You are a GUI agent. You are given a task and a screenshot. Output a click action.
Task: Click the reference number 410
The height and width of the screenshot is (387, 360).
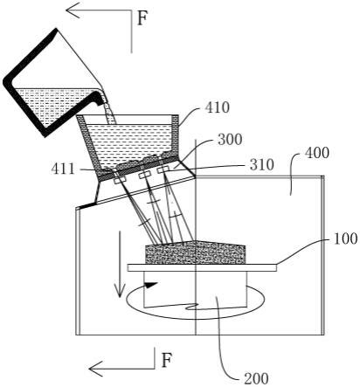[217, 107]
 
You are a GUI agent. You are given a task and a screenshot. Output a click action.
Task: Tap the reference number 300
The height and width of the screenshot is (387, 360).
[230, 140]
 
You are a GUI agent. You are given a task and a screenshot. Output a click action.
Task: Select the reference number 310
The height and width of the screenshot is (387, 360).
[261, 165]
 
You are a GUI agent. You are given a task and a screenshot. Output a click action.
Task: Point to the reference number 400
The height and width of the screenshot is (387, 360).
[317, 153]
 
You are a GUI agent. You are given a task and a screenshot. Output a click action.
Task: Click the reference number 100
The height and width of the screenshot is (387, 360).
[345, 238]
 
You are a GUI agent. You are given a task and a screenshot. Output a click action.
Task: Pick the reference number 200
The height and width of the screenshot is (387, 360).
[256, 379]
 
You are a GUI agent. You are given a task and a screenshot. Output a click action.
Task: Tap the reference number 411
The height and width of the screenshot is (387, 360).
[63, 169]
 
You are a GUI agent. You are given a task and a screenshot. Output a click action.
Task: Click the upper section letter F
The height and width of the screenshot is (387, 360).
[142, 18]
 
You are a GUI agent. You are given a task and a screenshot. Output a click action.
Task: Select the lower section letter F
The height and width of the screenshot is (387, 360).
[167, 360]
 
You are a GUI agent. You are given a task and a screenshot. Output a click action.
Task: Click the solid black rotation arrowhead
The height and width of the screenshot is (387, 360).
[151, 285]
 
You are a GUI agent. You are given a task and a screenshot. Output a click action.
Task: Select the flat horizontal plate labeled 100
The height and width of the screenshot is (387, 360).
[202, 267]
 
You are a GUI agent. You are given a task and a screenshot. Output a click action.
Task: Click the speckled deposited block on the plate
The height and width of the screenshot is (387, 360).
[195, 252]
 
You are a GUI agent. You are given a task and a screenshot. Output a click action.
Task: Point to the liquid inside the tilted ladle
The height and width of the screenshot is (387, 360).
[46, 105]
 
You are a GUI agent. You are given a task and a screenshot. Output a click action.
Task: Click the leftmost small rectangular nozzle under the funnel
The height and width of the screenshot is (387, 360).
[120, 180]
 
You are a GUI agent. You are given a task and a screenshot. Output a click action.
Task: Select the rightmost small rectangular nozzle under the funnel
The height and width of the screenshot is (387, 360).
[164, 169]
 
